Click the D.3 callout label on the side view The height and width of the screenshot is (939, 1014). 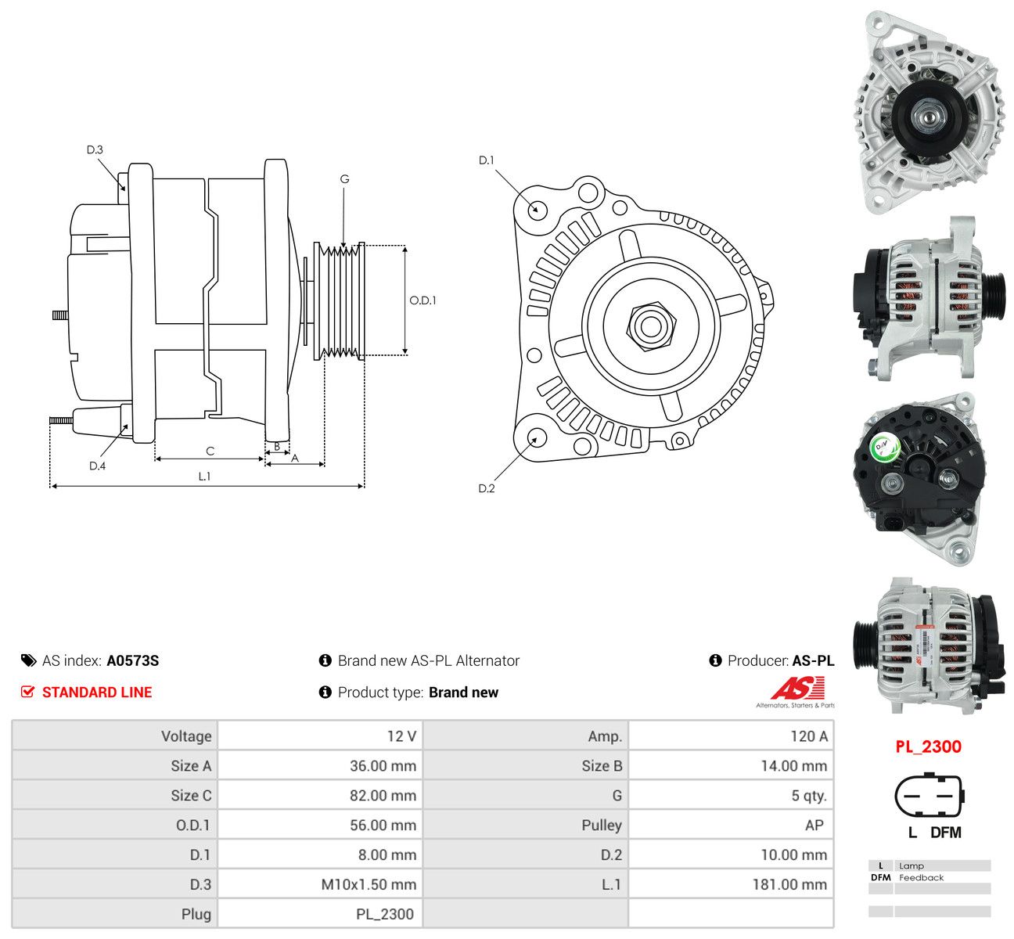(95, 149)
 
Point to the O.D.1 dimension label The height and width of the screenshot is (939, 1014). (422, 300)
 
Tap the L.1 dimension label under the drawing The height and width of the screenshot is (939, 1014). (204, 476)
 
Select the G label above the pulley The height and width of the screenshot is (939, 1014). (344, 179)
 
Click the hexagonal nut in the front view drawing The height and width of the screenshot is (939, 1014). (651, 326)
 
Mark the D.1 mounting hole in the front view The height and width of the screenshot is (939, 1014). (536, 210)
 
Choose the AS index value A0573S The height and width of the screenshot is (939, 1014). (133, 660)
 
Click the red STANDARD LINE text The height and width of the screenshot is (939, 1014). (97, 693)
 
